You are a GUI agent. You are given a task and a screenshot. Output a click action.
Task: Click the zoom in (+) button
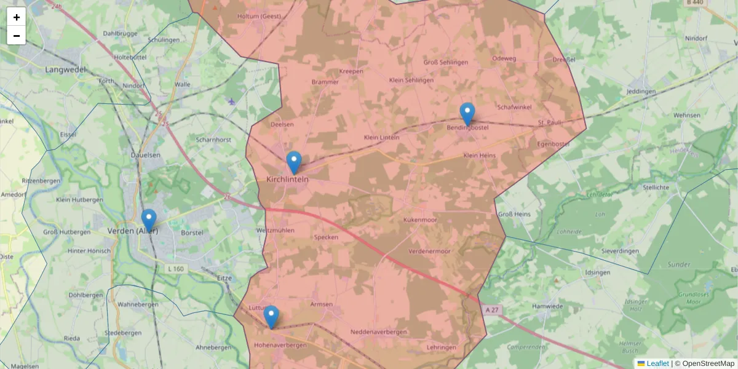click(17, 17)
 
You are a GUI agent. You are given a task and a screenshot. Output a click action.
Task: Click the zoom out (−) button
click(17, 36)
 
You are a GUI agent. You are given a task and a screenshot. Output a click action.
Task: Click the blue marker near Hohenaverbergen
click(271, 317)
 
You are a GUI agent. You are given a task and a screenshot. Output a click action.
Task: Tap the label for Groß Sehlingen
click(446, 62)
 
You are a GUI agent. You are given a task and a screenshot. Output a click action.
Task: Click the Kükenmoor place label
click(420, 220)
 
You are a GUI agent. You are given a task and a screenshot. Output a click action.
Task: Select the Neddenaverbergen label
click(378, 332)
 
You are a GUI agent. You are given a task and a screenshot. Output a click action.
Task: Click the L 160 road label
click(176, 269)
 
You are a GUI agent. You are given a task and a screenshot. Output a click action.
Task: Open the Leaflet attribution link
click(657, 363)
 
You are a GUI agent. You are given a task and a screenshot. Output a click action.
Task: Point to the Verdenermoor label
click(430, 252)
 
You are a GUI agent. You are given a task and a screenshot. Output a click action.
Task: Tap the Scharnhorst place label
click(213, 140)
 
